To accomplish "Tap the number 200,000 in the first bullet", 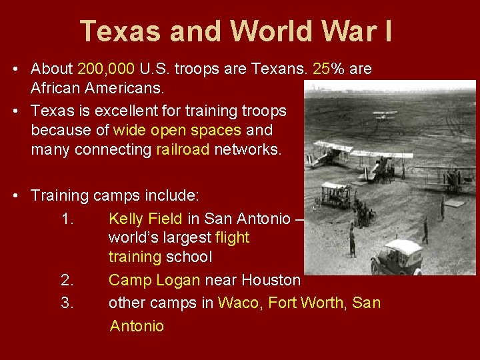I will (107, 69).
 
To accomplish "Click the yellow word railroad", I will (183, 149).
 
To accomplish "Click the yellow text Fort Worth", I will (307, 302).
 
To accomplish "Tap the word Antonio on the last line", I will (137, 326).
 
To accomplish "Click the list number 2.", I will (67, 280).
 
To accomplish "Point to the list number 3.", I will (67, 302).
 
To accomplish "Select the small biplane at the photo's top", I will (385, 115).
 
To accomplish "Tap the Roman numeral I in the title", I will (387, 31).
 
